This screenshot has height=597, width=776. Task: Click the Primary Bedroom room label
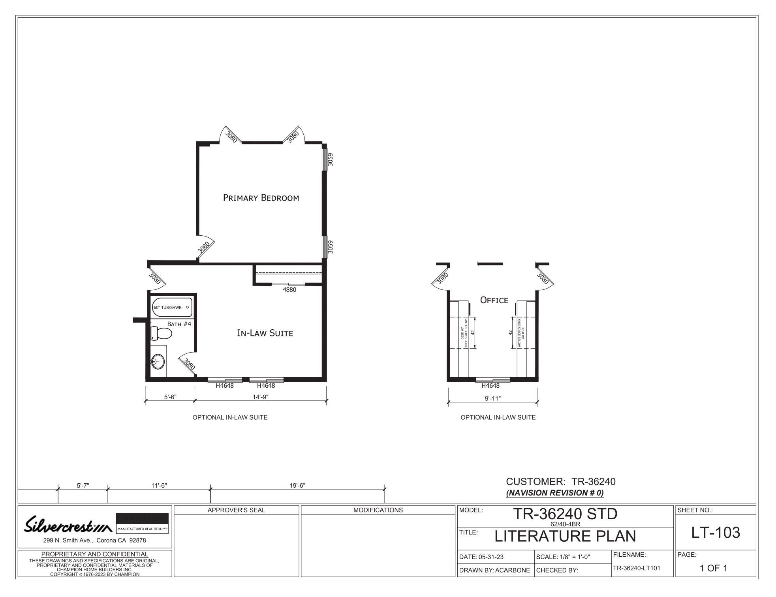(x=261, y=198)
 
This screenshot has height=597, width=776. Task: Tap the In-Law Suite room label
(x=265, y=333)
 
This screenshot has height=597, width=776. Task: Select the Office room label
(x=494, y=300)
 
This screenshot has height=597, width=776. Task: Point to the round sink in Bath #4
(x=158, y=362)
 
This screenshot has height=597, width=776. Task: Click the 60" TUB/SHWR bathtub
(x=172, y=308)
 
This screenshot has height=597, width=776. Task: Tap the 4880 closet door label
(x=289, y=290)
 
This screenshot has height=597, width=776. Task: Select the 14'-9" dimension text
(x=261, y=397)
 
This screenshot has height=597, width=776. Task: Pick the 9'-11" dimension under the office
(x=493, y=398)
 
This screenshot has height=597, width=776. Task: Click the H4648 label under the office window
(x=490, y=386)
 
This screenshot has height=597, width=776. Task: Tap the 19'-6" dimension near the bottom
(x=297, y=486)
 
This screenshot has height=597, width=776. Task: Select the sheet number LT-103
(x=716, y=533)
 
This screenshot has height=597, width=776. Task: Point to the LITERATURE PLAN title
(x=565, y=536)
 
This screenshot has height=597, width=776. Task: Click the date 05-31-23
(x=491, y=557)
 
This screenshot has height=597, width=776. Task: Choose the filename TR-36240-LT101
(x=636, y=568)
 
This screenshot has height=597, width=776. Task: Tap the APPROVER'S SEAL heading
(x=237, y=510)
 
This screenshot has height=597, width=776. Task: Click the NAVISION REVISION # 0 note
(x=555, y=493)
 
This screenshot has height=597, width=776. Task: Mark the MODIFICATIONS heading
(x=378, y=510)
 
